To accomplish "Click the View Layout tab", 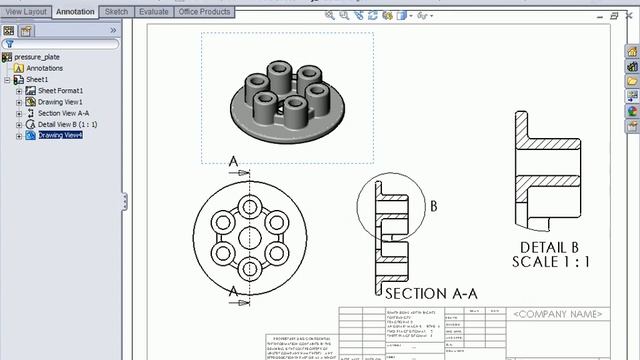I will coord(25,12).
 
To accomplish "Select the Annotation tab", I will coord(75,12).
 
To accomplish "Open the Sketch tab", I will coord(117,12).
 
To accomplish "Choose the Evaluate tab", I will coord(153,12).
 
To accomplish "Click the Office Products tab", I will coord(205,12).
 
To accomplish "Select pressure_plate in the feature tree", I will coord(38,57).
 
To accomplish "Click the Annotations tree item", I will coord(44,68).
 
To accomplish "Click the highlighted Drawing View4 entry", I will coord(60,135).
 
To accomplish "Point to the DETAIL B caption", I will coord(550,247).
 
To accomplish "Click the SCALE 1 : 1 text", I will coord(551,262).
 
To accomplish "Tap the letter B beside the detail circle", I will coord(434,207).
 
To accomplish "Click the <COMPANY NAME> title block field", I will coord(558,314).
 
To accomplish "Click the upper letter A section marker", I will coord(233,161).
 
